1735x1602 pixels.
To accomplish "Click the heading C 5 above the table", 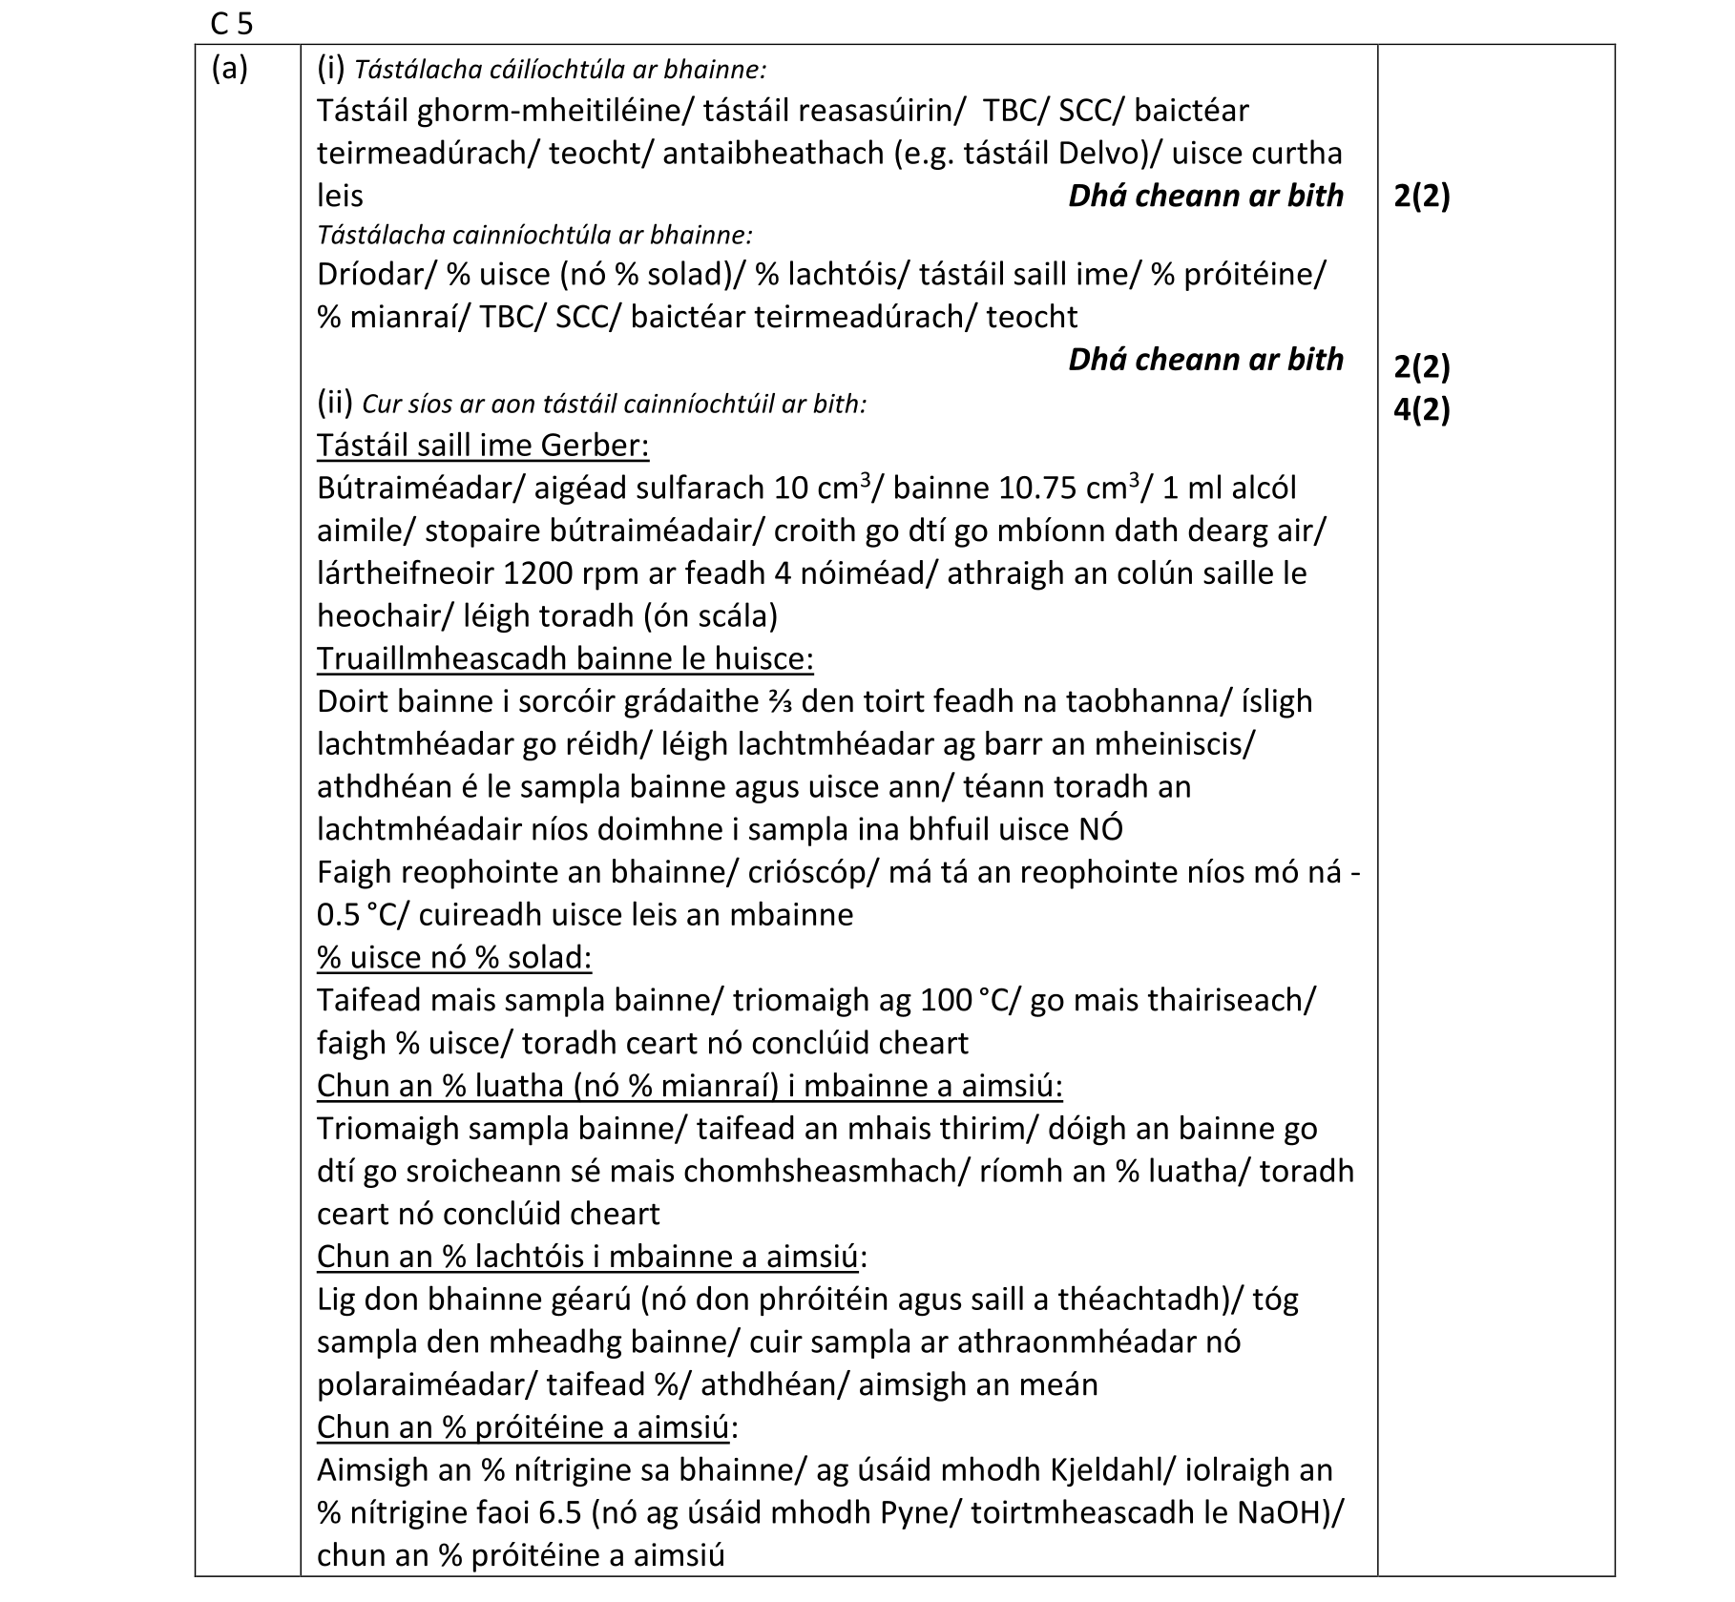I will pyautogui.click(x=232, y=23).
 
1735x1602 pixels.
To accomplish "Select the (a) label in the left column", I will pyautogui.click(x=229, y=69).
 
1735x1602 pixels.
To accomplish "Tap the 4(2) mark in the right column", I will pyautogui.click(x=1421, y=409).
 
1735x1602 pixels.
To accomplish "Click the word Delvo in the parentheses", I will pyautogui.click(x=1106, y=154).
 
